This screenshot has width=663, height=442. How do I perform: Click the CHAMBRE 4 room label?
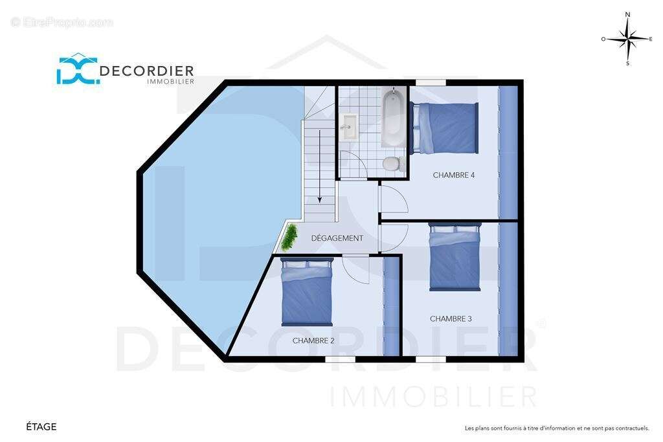coord(454,175)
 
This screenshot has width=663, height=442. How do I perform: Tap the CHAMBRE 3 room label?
coord(451,318)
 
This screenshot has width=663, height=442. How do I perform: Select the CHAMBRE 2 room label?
coord(313,340)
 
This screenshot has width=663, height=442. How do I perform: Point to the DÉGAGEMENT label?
coord(337,238)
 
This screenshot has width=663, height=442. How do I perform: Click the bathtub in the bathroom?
coord(394,117)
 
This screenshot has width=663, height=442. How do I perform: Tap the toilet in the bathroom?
coord(393,164)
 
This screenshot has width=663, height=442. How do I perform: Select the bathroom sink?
coord(349,126)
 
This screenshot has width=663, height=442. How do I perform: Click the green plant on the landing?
coord(289,238)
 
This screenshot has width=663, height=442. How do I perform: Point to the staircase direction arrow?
coord(320,166)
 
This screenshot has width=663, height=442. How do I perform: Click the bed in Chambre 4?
coord(444,128)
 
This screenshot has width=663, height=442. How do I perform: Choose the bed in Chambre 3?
coord(455,257)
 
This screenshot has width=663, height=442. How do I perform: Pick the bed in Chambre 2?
coord(308,292)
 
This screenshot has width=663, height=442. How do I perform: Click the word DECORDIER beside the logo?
coord(147,71)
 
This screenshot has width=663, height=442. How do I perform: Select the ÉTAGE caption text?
coord(41,426)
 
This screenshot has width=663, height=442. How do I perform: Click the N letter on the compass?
coord(627,15)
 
